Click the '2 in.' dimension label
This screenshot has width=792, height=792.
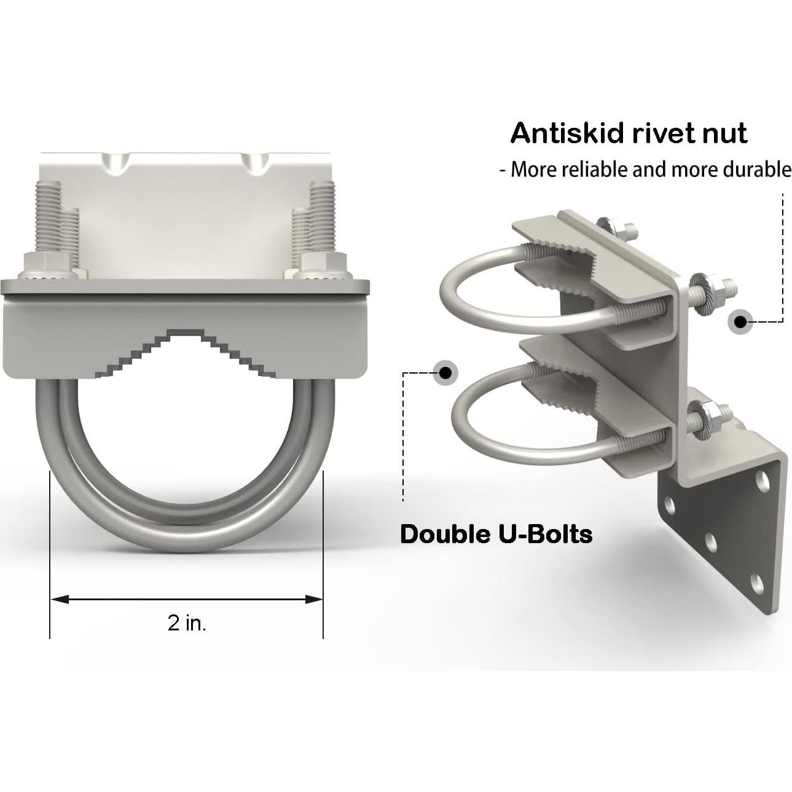[x=187, y=623]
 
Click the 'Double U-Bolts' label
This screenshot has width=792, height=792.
[x=496, y=534]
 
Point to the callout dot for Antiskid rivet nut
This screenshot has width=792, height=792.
[x=741, y=321]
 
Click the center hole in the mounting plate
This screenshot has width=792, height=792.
[x=711, y=541]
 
